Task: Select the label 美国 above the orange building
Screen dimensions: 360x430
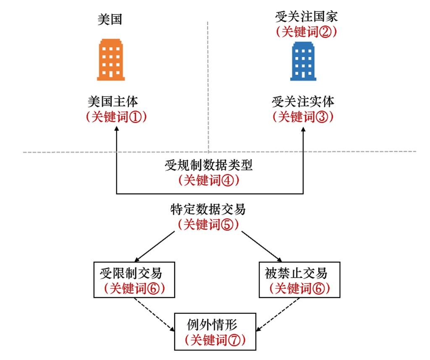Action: [110, 20]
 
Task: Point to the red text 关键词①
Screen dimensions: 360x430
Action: [115, 117]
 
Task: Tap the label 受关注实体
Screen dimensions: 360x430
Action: [303, 102]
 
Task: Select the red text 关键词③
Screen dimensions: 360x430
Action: [303, 117]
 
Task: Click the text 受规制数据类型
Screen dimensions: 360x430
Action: [209, 165]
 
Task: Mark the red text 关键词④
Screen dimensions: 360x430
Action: [209, 180]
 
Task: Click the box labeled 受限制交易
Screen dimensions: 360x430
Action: [134, 280]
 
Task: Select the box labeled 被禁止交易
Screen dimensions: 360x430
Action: [299, 280]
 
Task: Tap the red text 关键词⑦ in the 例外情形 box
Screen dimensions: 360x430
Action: [215, 339]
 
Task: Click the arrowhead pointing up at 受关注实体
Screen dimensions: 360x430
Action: [303, 130]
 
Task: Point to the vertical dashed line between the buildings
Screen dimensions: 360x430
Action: [208, 84]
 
